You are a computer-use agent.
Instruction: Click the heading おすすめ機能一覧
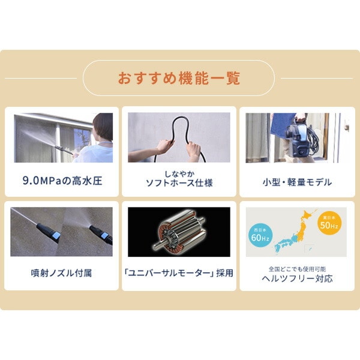[179, 78]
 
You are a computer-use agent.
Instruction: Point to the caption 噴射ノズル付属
[62, 273]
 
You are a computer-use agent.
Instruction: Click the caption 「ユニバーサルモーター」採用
[179, 273]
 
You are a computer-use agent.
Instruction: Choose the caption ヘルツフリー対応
[297, 278]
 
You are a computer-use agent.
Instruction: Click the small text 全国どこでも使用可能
[297, 268]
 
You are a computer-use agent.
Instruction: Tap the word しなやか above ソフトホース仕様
[179, 172]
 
